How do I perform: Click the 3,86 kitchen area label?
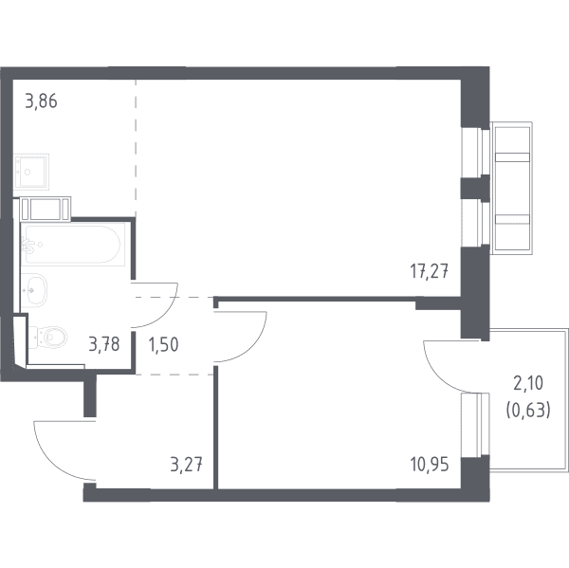(x=42, y=101)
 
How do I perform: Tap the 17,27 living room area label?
(x=430, y=271)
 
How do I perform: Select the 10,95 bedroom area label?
(x=430, y=465)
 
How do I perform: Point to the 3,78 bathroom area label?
(x=104, y=344)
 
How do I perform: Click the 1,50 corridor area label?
(x=163, y=344)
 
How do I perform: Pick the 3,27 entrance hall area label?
(x=186, y=465)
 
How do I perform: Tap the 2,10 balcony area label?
(x=528, y=383)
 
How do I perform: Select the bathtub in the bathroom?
(x=73, y=245)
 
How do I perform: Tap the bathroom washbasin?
(x=34, y=290)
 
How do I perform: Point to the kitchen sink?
(x=31, y=172)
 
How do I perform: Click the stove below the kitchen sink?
(x=45, y=209)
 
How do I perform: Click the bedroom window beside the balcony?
(x=475, y=426)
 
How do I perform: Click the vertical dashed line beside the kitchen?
(x=136, y=148)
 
